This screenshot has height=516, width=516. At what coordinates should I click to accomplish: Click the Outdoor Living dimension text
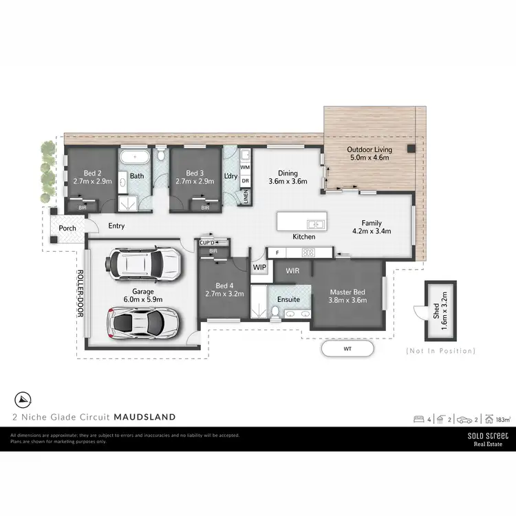point(369,158)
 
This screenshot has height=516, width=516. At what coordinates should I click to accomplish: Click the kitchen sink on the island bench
point(317,223)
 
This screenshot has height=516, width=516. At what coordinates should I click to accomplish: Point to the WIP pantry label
point(259,266)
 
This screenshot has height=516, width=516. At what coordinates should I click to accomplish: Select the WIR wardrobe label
point(292,271)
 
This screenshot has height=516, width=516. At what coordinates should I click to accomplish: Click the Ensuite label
point(288,300)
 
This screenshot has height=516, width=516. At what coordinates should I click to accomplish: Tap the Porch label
point(67,228)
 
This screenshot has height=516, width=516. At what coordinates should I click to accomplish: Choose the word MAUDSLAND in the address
point(144,416)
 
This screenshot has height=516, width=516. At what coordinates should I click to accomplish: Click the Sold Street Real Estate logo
point(488,440)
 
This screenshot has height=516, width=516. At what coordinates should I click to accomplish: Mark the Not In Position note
point(440,351)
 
